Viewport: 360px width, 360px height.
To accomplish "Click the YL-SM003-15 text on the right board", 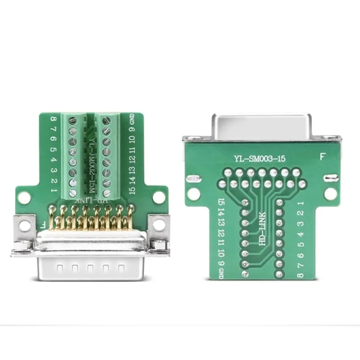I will [259, 159].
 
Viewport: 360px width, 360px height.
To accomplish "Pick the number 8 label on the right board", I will [300, 275].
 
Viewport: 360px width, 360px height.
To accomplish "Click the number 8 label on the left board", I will [53, 119].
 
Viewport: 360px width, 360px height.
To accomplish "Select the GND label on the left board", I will [131, 119].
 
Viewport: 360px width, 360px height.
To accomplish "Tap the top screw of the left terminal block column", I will [73, 120].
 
